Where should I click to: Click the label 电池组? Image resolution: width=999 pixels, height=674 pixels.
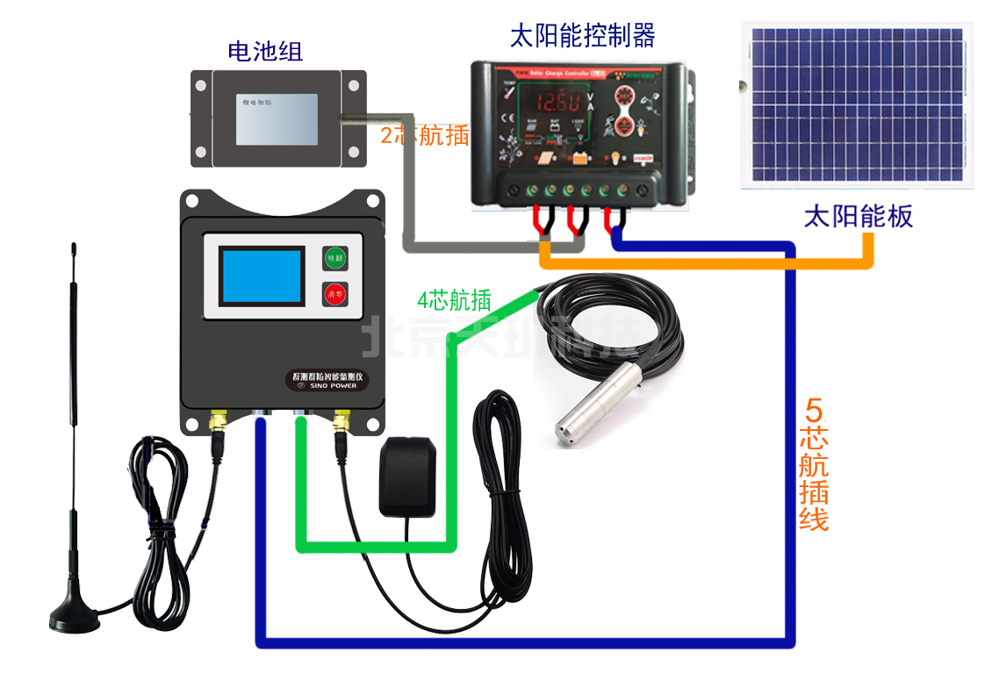[x=265, y=51]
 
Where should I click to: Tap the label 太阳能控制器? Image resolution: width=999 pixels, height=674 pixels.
[x=582, y=36]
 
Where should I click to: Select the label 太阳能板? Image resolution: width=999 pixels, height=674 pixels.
[x=858, y=216]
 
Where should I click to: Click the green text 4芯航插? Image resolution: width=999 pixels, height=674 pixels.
[x=453, y=301]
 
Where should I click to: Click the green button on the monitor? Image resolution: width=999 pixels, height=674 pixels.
[x=334, y=258]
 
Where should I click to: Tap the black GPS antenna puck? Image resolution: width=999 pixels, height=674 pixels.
[x=408, y=477]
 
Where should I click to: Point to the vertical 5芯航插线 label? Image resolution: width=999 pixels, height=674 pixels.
[x=814, y=464]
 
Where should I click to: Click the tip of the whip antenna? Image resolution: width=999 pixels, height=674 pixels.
[x=73, y=251]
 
